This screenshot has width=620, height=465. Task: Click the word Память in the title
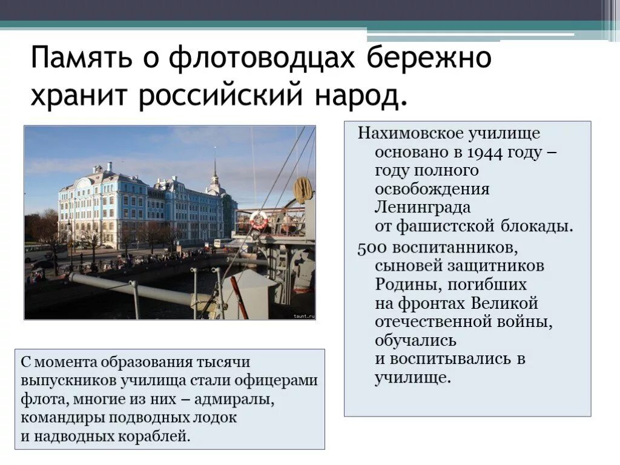pos(77,59)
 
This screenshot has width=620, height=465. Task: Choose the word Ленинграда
pos(423,208)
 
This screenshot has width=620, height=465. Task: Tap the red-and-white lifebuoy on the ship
pos(259,220)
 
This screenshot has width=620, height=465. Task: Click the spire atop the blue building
pos(214,167)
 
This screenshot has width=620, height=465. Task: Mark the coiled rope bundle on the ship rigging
pos(303,190)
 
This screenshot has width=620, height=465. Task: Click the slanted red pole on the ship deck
pos(239,297)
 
